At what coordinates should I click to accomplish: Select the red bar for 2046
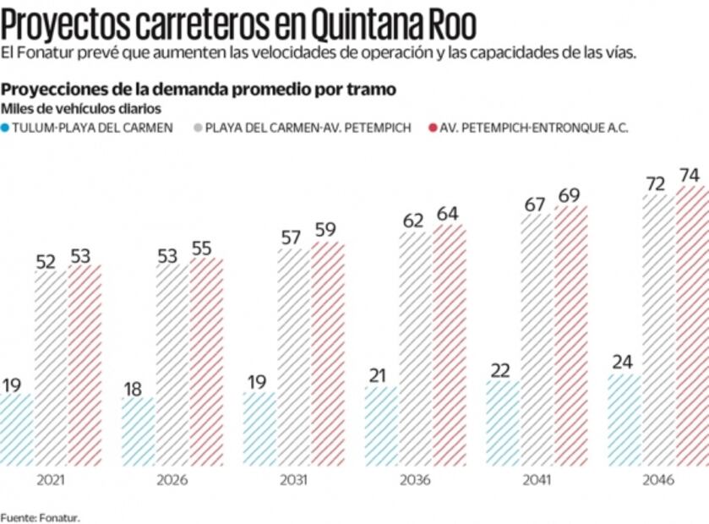692,325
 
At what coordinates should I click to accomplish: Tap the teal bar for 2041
503,423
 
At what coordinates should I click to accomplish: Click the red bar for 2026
206,362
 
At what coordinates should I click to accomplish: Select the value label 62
414,221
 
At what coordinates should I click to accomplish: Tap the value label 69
570,196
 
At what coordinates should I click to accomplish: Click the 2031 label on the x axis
293,480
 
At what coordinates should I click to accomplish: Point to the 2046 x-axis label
657,480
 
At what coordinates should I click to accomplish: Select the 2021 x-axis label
51,480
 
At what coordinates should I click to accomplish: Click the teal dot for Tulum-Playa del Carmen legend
6,128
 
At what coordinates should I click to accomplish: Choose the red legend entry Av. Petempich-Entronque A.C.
533,128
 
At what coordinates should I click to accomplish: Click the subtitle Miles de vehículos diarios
81,108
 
